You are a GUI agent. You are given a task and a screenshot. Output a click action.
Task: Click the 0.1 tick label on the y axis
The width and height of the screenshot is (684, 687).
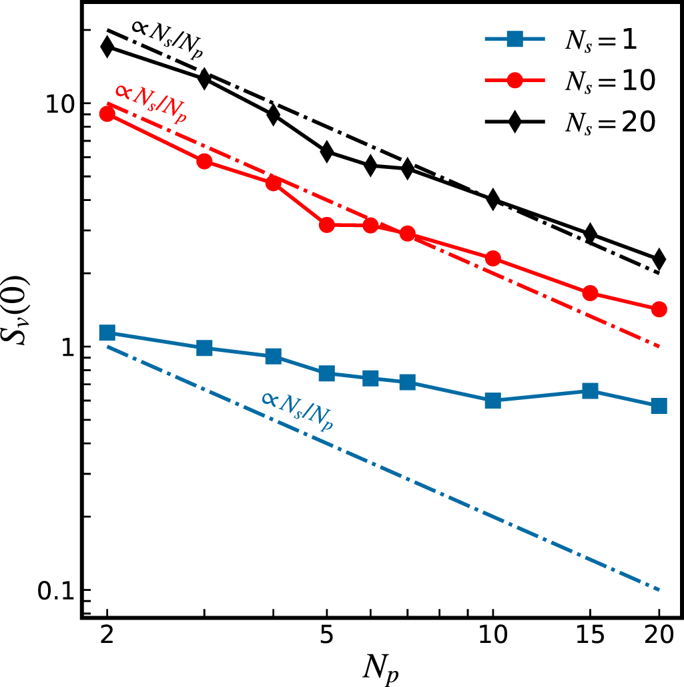pos(53,591)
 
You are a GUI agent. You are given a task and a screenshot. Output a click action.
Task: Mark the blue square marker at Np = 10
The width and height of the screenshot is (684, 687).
pos(492,401)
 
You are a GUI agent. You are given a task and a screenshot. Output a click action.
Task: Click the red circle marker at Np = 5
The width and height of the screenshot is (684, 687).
pos(326,225)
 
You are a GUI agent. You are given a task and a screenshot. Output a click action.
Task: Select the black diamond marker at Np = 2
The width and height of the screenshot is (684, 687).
pos(107,47)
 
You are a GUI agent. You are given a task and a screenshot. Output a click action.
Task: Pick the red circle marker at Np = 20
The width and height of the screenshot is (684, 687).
pos(659,309)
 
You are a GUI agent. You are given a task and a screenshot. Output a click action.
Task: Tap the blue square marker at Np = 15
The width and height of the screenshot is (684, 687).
pos(590,391)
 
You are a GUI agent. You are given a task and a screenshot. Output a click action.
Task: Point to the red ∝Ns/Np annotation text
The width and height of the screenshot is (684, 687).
pos(151,103)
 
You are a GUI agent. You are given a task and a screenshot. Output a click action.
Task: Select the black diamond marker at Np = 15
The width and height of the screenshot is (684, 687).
pos(590,234)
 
